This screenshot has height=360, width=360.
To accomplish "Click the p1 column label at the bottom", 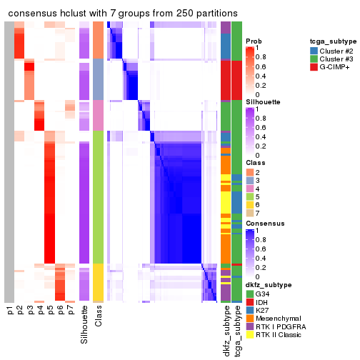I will click(9, 311).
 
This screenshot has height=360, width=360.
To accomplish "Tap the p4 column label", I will click(40, 311).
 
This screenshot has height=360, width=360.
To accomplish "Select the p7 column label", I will click(70, 311).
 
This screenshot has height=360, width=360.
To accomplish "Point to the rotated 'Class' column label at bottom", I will click(99, 316).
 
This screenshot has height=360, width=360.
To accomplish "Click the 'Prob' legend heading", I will click(254, 41).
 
